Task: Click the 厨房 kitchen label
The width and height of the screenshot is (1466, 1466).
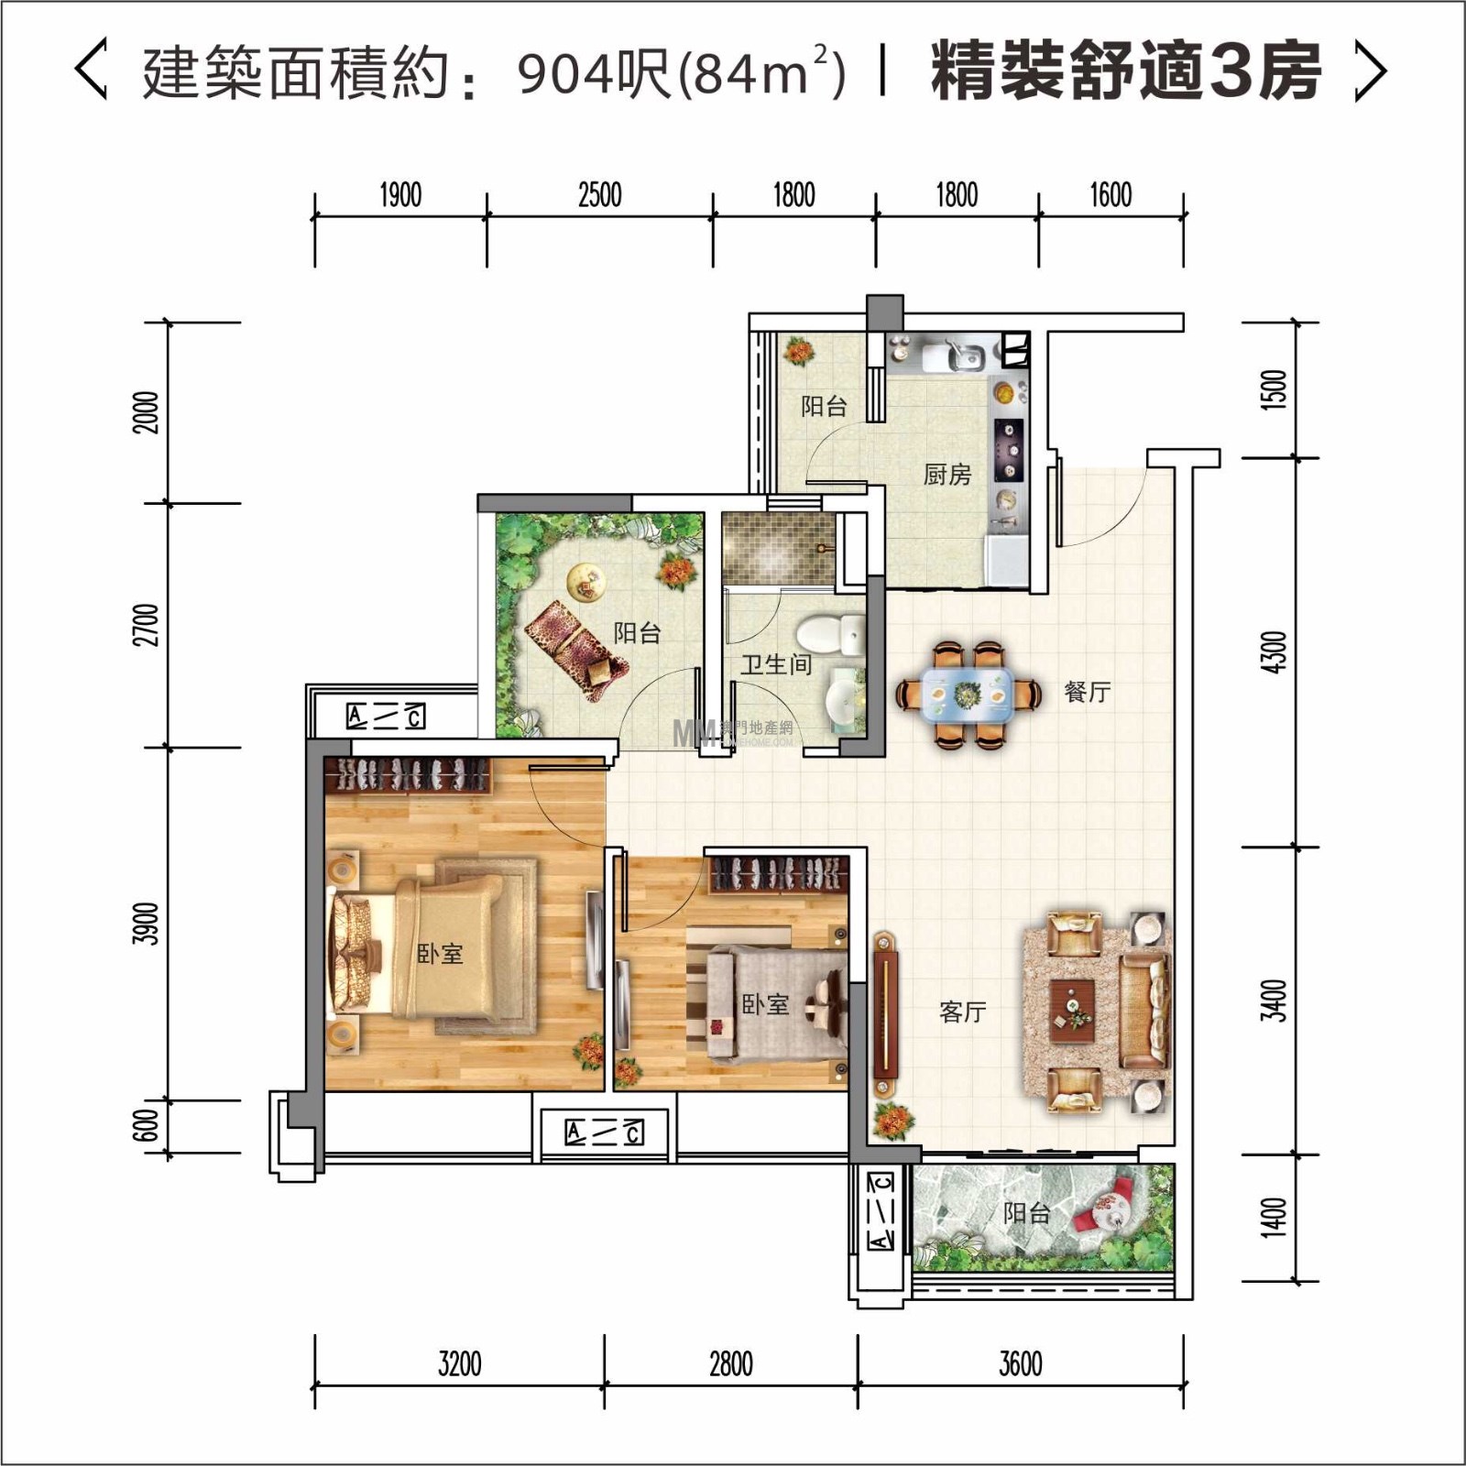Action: click(946, 474)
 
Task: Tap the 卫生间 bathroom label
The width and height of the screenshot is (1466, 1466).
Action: click(776, 664)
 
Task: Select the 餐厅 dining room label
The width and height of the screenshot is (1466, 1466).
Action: click(1087, 692)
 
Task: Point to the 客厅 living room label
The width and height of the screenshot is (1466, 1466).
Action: click(962, 1012)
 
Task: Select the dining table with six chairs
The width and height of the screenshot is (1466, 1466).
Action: click(968, 695)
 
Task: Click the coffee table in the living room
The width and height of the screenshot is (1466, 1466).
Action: click(1073, 1012)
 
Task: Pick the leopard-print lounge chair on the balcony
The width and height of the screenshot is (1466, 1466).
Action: click(576, 650)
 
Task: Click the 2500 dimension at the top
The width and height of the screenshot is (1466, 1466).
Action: click(599, 195)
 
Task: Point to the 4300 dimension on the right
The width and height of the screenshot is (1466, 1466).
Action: click(1275, 651)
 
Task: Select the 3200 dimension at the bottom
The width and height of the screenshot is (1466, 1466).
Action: click(459, 1364)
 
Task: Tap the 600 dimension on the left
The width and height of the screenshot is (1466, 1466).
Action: click(146, 1126)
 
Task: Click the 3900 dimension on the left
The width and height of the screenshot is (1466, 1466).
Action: click(146, 924)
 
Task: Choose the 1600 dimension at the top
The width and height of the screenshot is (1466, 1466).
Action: click(1110, 195)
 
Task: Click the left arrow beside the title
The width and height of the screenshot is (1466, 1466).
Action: click(91, 69)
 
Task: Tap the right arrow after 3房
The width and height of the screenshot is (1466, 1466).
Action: click(1371, 71)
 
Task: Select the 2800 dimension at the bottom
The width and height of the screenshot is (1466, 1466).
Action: click(731, 1364)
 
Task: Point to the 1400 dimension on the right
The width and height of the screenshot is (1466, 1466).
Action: click(1275, 1217)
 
